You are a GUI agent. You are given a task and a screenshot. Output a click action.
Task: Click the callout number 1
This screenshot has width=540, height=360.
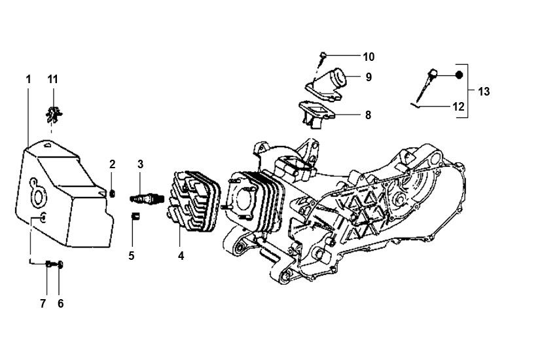point(28,79)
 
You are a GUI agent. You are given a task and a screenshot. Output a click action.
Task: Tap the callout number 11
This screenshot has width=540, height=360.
point(53,79)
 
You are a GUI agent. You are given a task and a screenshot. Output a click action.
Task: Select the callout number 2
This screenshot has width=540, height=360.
point(112,164)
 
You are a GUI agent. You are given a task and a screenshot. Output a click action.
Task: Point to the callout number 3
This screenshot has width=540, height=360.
point(139,164)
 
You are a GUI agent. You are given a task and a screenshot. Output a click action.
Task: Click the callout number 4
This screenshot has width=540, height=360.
point(180,256)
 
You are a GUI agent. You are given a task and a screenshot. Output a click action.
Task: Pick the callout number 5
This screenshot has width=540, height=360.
point(131,255)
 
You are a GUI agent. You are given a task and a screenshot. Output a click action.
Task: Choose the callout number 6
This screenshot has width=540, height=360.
point(61,304)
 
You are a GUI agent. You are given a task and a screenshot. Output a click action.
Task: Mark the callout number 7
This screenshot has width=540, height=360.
point(43,304)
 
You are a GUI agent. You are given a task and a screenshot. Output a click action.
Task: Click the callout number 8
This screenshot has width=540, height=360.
point(368,115)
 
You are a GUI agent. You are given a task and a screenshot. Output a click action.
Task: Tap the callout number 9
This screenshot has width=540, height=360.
point(369,77)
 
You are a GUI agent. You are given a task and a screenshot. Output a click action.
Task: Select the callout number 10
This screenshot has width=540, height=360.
point(368,56)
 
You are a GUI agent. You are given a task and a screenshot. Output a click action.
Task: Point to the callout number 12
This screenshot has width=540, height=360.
point(458,106)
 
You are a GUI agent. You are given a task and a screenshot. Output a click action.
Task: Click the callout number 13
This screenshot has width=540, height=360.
point(484,92)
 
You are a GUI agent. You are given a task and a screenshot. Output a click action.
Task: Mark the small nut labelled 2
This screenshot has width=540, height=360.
point(113,192)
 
